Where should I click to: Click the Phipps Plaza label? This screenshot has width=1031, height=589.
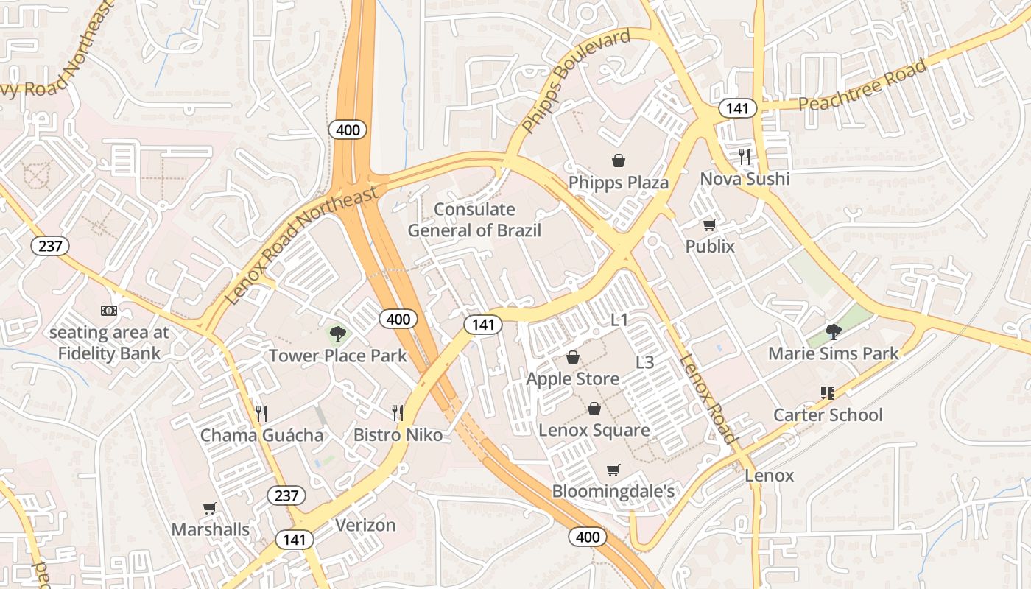[619, 183]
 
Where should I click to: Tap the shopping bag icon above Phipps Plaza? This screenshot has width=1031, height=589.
[619, 160]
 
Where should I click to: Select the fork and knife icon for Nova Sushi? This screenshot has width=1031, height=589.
[745, 156]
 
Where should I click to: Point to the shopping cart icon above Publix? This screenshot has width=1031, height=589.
[710, 225]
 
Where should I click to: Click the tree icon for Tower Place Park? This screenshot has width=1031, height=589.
[337, 335]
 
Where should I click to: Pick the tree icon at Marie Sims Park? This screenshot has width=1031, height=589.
[833, 332]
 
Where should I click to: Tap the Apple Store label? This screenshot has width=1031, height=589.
[573, 378]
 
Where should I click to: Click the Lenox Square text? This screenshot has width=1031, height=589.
[594, 430]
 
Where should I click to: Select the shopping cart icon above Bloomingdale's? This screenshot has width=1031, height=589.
[613, 470]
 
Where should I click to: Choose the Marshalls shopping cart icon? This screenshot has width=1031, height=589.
[210, 508]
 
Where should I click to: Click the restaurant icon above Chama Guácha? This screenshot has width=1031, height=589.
[261, 413]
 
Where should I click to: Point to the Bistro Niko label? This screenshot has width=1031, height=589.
[398, 435]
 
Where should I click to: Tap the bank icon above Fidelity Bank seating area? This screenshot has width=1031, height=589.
[109, 311]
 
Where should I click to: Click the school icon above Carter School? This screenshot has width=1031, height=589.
[827, 393]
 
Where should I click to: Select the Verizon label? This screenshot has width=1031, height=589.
[365, 525]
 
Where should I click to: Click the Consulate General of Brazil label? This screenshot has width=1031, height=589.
[474, 220]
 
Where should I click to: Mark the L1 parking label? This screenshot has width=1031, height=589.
[619, 320]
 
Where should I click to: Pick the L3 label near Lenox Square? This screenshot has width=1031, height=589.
[644, 362]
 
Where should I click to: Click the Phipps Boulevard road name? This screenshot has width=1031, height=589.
[576, 81]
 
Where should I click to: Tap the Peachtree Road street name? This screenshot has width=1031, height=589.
[862, 86]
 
